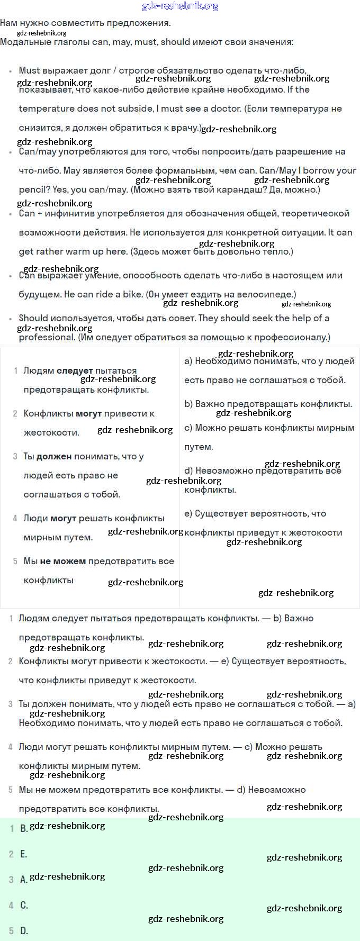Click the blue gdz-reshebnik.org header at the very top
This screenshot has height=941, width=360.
[x=180, y=6]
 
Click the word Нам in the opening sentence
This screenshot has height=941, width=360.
[x=8, y=23]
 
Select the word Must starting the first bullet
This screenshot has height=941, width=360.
[x=29, y=70]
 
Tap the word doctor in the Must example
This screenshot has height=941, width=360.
[x=226, y=109]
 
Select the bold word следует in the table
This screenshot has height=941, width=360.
[x=75, y=371]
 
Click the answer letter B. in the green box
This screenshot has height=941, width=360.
[x=24, y=828]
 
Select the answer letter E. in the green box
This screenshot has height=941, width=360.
[x=24, y=854]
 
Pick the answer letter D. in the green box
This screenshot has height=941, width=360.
[x=24, y=931]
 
